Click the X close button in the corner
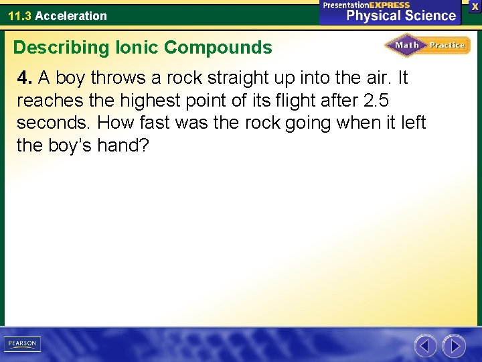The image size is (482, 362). coord(475,6)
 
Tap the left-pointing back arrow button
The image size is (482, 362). coord(425,346)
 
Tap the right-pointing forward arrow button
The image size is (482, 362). coord(454,346)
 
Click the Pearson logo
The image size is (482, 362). coord(23,344)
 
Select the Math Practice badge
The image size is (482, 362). coord(427,46)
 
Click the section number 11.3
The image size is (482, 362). coord(20,15)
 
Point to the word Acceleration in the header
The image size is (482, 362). coord(71,15)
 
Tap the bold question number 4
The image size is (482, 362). coord(25,78)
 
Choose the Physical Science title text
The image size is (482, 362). coord(400,15)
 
